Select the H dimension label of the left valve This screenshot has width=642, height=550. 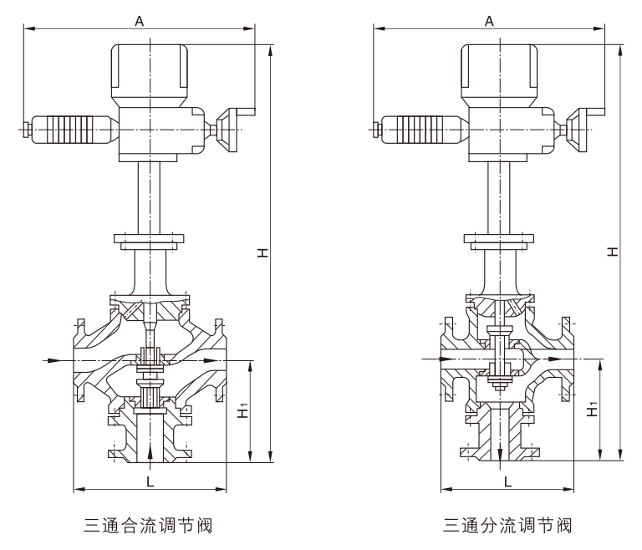262,252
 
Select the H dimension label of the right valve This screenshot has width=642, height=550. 613,252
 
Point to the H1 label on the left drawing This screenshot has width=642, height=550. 242,411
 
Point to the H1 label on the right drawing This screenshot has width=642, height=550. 593,410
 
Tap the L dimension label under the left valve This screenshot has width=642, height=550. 150,481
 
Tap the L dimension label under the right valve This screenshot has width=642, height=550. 507,481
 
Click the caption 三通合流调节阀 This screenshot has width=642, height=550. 148,527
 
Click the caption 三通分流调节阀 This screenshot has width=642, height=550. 507,527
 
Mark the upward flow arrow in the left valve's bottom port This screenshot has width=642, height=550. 150,452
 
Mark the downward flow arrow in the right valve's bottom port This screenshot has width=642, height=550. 499,452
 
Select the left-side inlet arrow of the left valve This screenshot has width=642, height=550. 51,360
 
